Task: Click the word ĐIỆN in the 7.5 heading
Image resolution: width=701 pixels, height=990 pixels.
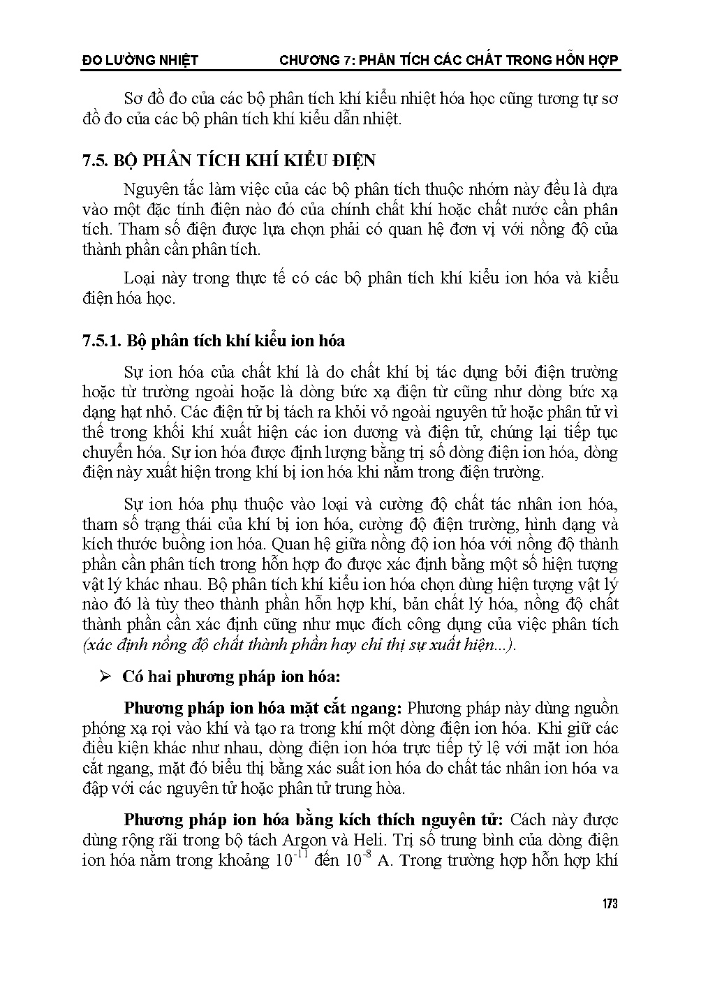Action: click(354, 161)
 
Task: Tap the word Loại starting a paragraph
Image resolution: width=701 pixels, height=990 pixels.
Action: click(138, 278)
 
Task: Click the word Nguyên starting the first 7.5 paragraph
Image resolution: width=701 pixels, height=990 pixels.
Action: click(147, 190)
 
